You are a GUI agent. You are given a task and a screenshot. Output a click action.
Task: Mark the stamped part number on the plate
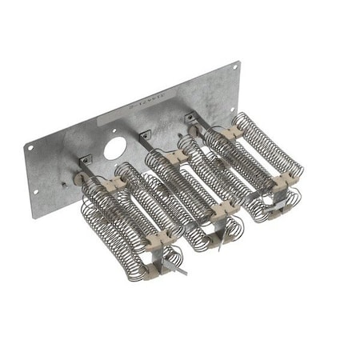click(x=146, y=101)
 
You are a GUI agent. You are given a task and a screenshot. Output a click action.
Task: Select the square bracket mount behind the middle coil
click(x=145, y=134)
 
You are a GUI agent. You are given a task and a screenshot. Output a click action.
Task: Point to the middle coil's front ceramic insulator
click(x=220, y=210)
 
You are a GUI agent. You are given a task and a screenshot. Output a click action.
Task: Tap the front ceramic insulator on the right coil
click(x=279, y=186)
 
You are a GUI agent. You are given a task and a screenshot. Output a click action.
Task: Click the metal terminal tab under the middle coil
click(x=218, y=242)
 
